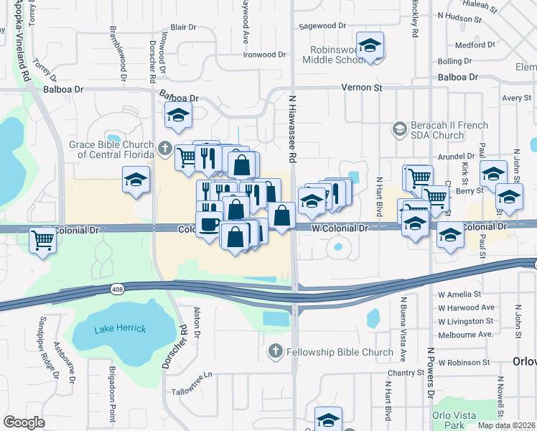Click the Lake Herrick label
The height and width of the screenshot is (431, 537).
tap(119, 328)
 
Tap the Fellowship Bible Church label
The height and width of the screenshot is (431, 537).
tap(340, 352)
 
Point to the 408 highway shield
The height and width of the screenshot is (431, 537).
tap(116, 289)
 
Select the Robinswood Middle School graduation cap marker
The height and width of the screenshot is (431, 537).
tap(370, 47)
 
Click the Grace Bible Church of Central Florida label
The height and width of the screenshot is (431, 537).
tap(111, 149)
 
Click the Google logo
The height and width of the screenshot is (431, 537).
tap(24, 422)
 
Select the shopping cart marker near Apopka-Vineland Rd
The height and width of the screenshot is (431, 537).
tap(43, 240)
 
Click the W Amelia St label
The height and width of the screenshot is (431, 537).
tap(460, 295)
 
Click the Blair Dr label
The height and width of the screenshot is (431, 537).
tap(183, 27)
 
